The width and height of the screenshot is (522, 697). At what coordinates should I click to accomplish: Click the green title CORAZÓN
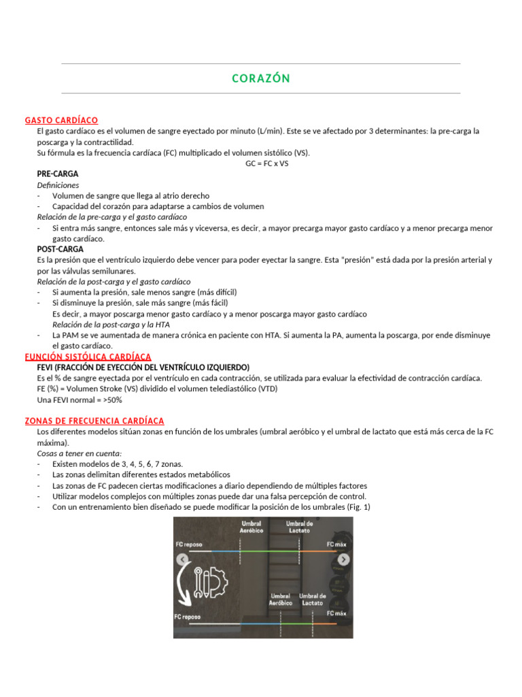coord(261,79)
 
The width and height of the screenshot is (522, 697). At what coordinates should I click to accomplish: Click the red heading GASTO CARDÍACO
coord(61,120)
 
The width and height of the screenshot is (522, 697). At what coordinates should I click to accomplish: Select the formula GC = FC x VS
coord(266,163)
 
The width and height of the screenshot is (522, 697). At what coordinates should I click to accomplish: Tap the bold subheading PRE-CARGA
coord(58,174)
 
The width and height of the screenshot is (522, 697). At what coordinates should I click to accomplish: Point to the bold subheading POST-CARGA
coord(60,250)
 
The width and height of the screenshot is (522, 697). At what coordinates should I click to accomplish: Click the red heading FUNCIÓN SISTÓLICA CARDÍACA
coord(88,357)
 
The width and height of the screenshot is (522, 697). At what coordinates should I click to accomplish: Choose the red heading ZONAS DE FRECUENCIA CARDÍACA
coord(94,421)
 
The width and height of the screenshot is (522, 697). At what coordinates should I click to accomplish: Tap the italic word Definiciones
coord(58,185)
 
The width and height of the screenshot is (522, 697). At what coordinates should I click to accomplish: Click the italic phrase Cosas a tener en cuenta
coord(79,453)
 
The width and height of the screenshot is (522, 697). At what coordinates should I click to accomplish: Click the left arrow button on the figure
coord(182,560)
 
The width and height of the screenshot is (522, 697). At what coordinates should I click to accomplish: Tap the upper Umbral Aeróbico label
coord(250,528)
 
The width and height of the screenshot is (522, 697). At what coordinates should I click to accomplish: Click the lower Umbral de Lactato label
coord(313,599)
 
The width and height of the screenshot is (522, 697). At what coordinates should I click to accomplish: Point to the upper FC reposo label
coord(188,545)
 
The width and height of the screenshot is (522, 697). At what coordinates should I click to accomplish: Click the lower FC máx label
coord(336,613)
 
